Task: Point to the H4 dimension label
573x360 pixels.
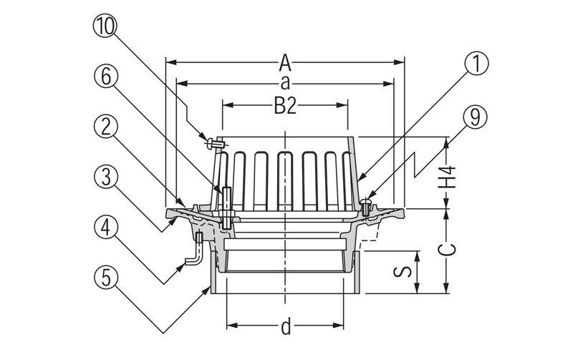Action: click(448, 176)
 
